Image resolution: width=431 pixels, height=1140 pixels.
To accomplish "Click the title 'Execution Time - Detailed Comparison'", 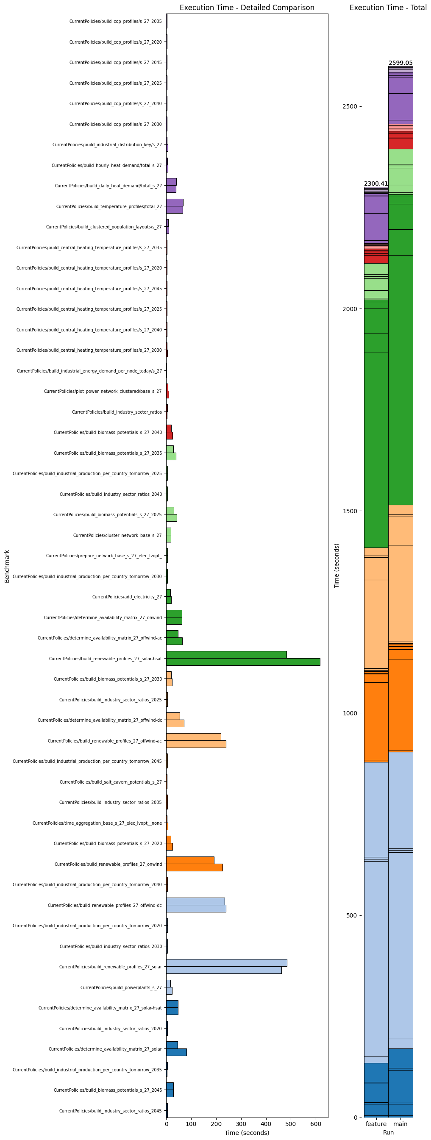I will point(247,8).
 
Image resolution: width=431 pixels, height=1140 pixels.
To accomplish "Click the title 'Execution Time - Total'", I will point(388,8).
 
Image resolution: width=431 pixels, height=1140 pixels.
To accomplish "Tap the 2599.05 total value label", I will point(400,63).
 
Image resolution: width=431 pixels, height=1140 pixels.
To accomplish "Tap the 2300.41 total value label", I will point(375,184).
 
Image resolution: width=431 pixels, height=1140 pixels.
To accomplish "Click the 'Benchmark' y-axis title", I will point(7,566).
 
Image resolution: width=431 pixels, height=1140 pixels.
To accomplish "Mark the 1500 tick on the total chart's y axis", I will point(349,511).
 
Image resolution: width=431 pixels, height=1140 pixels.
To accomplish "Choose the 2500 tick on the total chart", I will point(349,106).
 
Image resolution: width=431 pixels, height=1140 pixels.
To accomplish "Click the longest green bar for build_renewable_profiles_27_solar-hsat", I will point(243,662).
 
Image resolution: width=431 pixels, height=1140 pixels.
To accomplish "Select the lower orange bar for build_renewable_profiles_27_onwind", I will point(194,868).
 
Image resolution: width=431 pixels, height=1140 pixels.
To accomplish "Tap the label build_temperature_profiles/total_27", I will point(109,207).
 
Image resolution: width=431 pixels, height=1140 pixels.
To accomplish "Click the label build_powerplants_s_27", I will point(121,987).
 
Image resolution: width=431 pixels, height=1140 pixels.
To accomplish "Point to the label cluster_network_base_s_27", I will point(117,536).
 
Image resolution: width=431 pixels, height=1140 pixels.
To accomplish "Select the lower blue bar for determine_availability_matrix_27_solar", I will point(176,1052).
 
